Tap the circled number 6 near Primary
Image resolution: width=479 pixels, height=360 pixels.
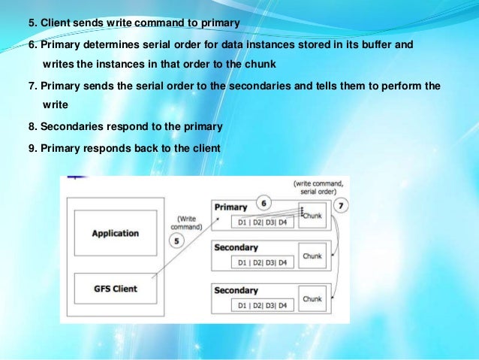[263, 202]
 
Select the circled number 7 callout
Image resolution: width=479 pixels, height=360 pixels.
[340, 205]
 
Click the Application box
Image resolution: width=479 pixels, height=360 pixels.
[116, 233]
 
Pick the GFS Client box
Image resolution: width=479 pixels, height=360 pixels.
[114, 287]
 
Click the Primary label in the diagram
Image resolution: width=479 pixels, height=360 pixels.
[231, 206]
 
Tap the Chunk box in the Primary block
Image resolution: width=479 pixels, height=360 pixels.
[312, 215]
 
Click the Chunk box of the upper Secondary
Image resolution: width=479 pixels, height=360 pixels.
[312, 256]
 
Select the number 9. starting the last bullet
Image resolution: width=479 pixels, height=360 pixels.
[32, 148]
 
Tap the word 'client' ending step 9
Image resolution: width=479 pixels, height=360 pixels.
[205, 148]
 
